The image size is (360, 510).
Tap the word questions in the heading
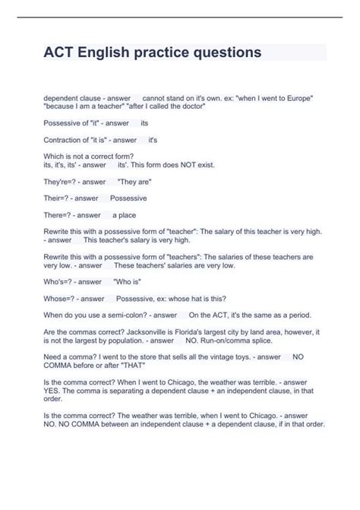pyautogui.click(x=221, y=52)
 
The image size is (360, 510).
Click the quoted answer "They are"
pyautogui.click(x=134, y=182)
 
